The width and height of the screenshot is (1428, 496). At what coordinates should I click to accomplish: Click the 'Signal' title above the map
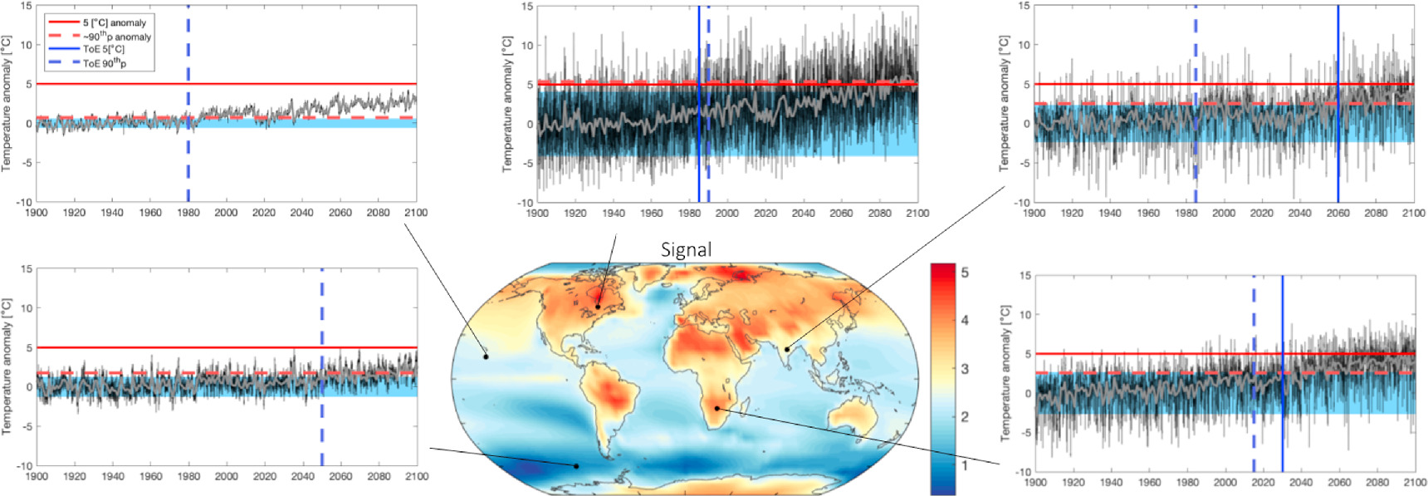pyautogui.click(x=686, y=249)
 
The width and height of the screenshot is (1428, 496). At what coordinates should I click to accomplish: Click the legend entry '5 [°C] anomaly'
pyautogui.click(x=114, y=23)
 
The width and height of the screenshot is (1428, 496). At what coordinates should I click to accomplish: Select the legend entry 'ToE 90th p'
pyautogui.click(x=104, y=63)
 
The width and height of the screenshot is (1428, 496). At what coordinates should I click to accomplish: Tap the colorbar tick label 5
pyautogui.click(x=964, y=273)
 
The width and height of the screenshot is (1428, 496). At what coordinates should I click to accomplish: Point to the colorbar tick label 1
pyautogui.click(x=964, y=465)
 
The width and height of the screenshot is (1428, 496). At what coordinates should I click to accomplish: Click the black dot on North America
pyautogui.click(x=598, y=307)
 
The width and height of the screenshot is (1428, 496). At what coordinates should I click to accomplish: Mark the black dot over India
pyautogui.click(x=786, y=349)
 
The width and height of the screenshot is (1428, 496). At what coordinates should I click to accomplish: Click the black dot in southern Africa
pyautogui.click(x=716, y=409)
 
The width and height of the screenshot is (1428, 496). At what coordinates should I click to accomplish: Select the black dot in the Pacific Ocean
pyautogui.click(x=487, y=356)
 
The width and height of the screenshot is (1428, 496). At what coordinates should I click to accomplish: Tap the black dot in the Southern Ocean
pyautogui.click(x=576, y=466)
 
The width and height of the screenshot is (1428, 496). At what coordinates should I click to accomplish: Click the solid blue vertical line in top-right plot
pyautogui.click(x=1338, y=104)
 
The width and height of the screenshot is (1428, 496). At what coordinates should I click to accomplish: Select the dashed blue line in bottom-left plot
pyautogui.click(x=322, y=366)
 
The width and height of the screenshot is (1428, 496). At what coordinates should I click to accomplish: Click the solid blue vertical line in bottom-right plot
pyautogui.click(x=1283, y=374)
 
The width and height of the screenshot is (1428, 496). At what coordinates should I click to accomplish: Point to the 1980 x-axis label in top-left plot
pyautogui.click(x=188, y=213)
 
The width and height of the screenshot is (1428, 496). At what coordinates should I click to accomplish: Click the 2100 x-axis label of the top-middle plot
pyautogui.click(x=917, y=214)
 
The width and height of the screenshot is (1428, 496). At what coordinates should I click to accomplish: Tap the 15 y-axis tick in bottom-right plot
pyautogui.click(x=1025, y=276)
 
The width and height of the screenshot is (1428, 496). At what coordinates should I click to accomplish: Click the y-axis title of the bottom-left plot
pyautogui.click(x=7, y=366)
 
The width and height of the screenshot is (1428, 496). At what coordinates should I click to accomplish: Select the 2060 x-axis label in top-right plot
pyautogui.click(x=1338, y=214)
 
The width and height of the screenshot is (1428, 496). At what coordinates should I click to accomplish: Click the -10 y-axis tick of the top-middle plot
pyautogui.click(x=524, y=202)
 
